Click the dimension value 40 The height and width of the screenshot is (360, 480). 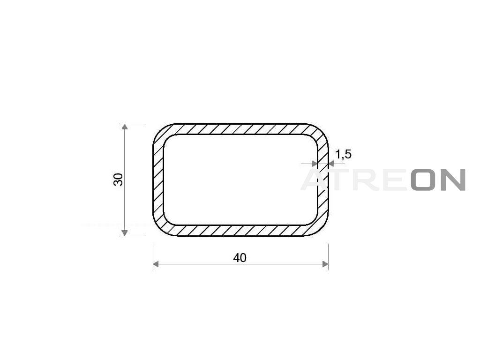click(240, 258)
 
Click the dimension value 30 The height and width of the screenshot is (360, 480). click(118, 180)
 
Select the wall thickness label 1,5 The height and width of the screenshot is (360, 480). click(343, 155)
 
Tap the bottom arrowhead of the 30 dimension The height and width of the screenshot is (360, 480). click(124, 233)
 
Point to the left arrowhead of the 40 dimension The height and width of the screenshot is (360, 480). click(156, 264)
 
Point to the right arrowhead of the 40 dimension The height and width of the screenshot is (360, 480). click(325, 264)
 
